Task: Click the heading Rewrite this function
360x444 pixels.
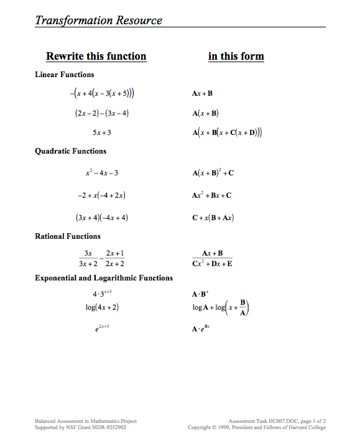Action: coord(96,57)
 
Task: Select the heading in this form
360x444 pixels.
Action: coord(236,57)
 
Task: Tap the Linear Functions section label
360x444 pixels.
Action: coord(65,75)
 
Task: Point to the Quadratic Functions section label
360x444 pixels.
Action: coord(70,151)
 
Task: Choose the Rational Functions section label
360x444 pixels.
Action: coord(67,236)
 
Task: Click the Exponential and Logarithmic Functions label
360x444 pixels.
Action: coord(104,278)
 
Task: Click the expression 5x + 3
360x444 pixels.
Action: coord(102,132)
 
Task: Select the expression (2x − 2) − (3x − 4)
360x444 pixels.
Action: coord(102,113)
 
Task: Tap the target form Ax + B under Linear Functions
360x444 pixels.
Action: coord(203,94)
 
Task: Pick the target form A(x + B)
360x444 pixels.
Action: coord(206,113)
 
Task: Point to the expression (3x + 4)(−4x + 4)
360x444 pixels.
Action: coord(102,218)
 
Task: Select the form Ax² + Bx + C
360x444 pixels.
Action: coord(212,195)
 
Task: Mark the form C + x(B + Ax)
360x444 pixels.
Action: coord(213,218)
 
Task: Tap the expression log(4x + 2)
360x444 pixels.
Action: coord(102,307)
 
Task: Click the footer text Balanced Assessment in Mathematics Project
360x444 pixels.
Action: coord(85,421)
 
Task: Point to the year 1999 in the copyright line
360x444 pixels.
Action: coord(242,427)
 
